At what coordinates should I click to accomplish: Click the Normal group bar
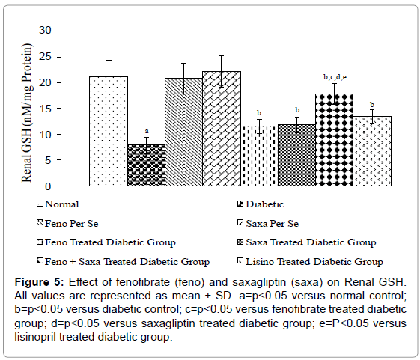(x=109, y=131)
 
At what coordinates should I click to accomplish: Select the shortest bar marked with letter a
(x=147, y=165)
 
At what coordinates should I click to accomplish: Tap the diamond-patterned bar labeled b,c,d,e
(x=335, y=140)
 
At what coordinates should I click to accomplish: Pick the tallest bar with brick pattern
(x=222, y=129)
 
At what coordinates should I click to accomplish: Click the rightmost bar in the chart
(x=372, y=151)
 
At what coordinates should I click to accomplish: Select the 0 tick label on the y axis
(x=48, y=186)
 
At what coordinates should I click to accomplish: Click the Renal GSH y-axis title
(x=27, y=112)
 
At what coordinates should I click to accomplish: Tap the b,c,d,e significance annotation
(x=335, y=77)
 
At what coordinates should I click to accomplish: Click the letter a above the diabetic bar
(x=147, y=131)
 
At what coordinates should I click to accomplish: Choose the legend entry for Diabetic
(x=261, y=204)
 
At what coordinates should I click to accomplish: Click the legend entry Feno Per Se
(x=67, y=223)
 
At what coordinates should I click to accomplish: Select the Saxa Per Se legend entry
(x=268, y=223)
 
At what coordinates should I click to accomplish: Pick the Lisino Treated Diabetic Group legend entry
(x=310, y=261)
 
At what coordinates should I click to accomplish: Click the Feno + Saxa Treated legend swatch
(x=40, y=261)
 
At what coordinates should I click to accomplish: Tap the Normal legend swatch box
(x=40, y=204)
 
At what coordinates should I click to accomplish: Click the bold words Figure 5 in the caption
(x=39, y=282)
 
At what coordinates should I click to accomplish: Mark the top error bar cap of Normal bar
(x=109, y=61)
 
